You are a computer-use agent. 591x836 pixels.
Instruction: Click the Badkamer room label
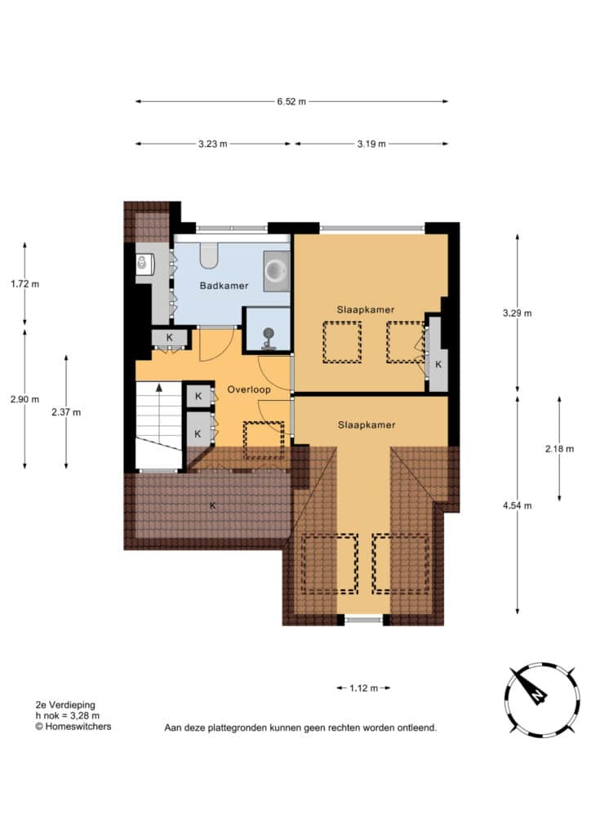(224, 286)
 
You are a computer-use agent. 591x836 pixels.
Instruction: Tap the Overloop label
(249, 389)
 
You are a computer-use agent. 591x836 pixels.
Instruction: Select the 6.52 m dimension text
(291, 101)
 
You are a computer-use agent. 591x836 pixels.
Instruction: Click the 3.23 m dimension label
(212, 144)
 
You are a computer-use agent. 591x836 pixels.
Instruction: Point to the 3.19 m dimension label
(371, 144)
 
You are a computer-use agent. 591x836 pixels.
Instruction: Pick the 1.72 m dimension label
(25, 284)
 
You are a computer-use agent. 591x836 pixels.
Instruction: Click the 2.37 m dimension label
(67, 412)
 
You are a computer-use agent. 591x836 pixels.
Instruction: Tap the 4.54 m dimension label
(518, 505)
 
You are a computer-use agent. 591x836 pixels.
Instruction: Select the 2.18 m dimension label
(559, 449)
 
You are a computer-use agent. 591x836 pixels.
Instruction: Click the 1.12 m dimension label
(363, 688)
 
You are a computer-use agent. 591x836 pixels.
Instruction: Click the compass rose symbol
(542, 700)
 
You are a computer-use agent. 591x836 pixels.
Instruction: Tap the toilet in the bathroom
(208, 256)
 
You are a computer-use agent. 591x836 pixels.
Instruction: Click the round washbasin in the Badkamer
(277, 271)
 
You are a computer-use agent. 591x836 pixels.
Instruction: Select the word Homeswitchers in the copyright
(78, 726)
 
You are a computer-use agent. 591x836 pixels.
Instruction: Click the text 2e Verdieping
(65, 705)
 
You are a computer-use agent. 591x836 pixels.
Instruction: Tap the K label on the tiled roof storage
(212, 505)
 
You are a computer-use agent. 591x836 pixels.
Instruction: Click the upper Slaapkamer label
(366, 309)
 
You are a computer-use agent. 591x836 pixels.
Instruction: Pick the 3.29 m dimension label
(518, 313)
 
